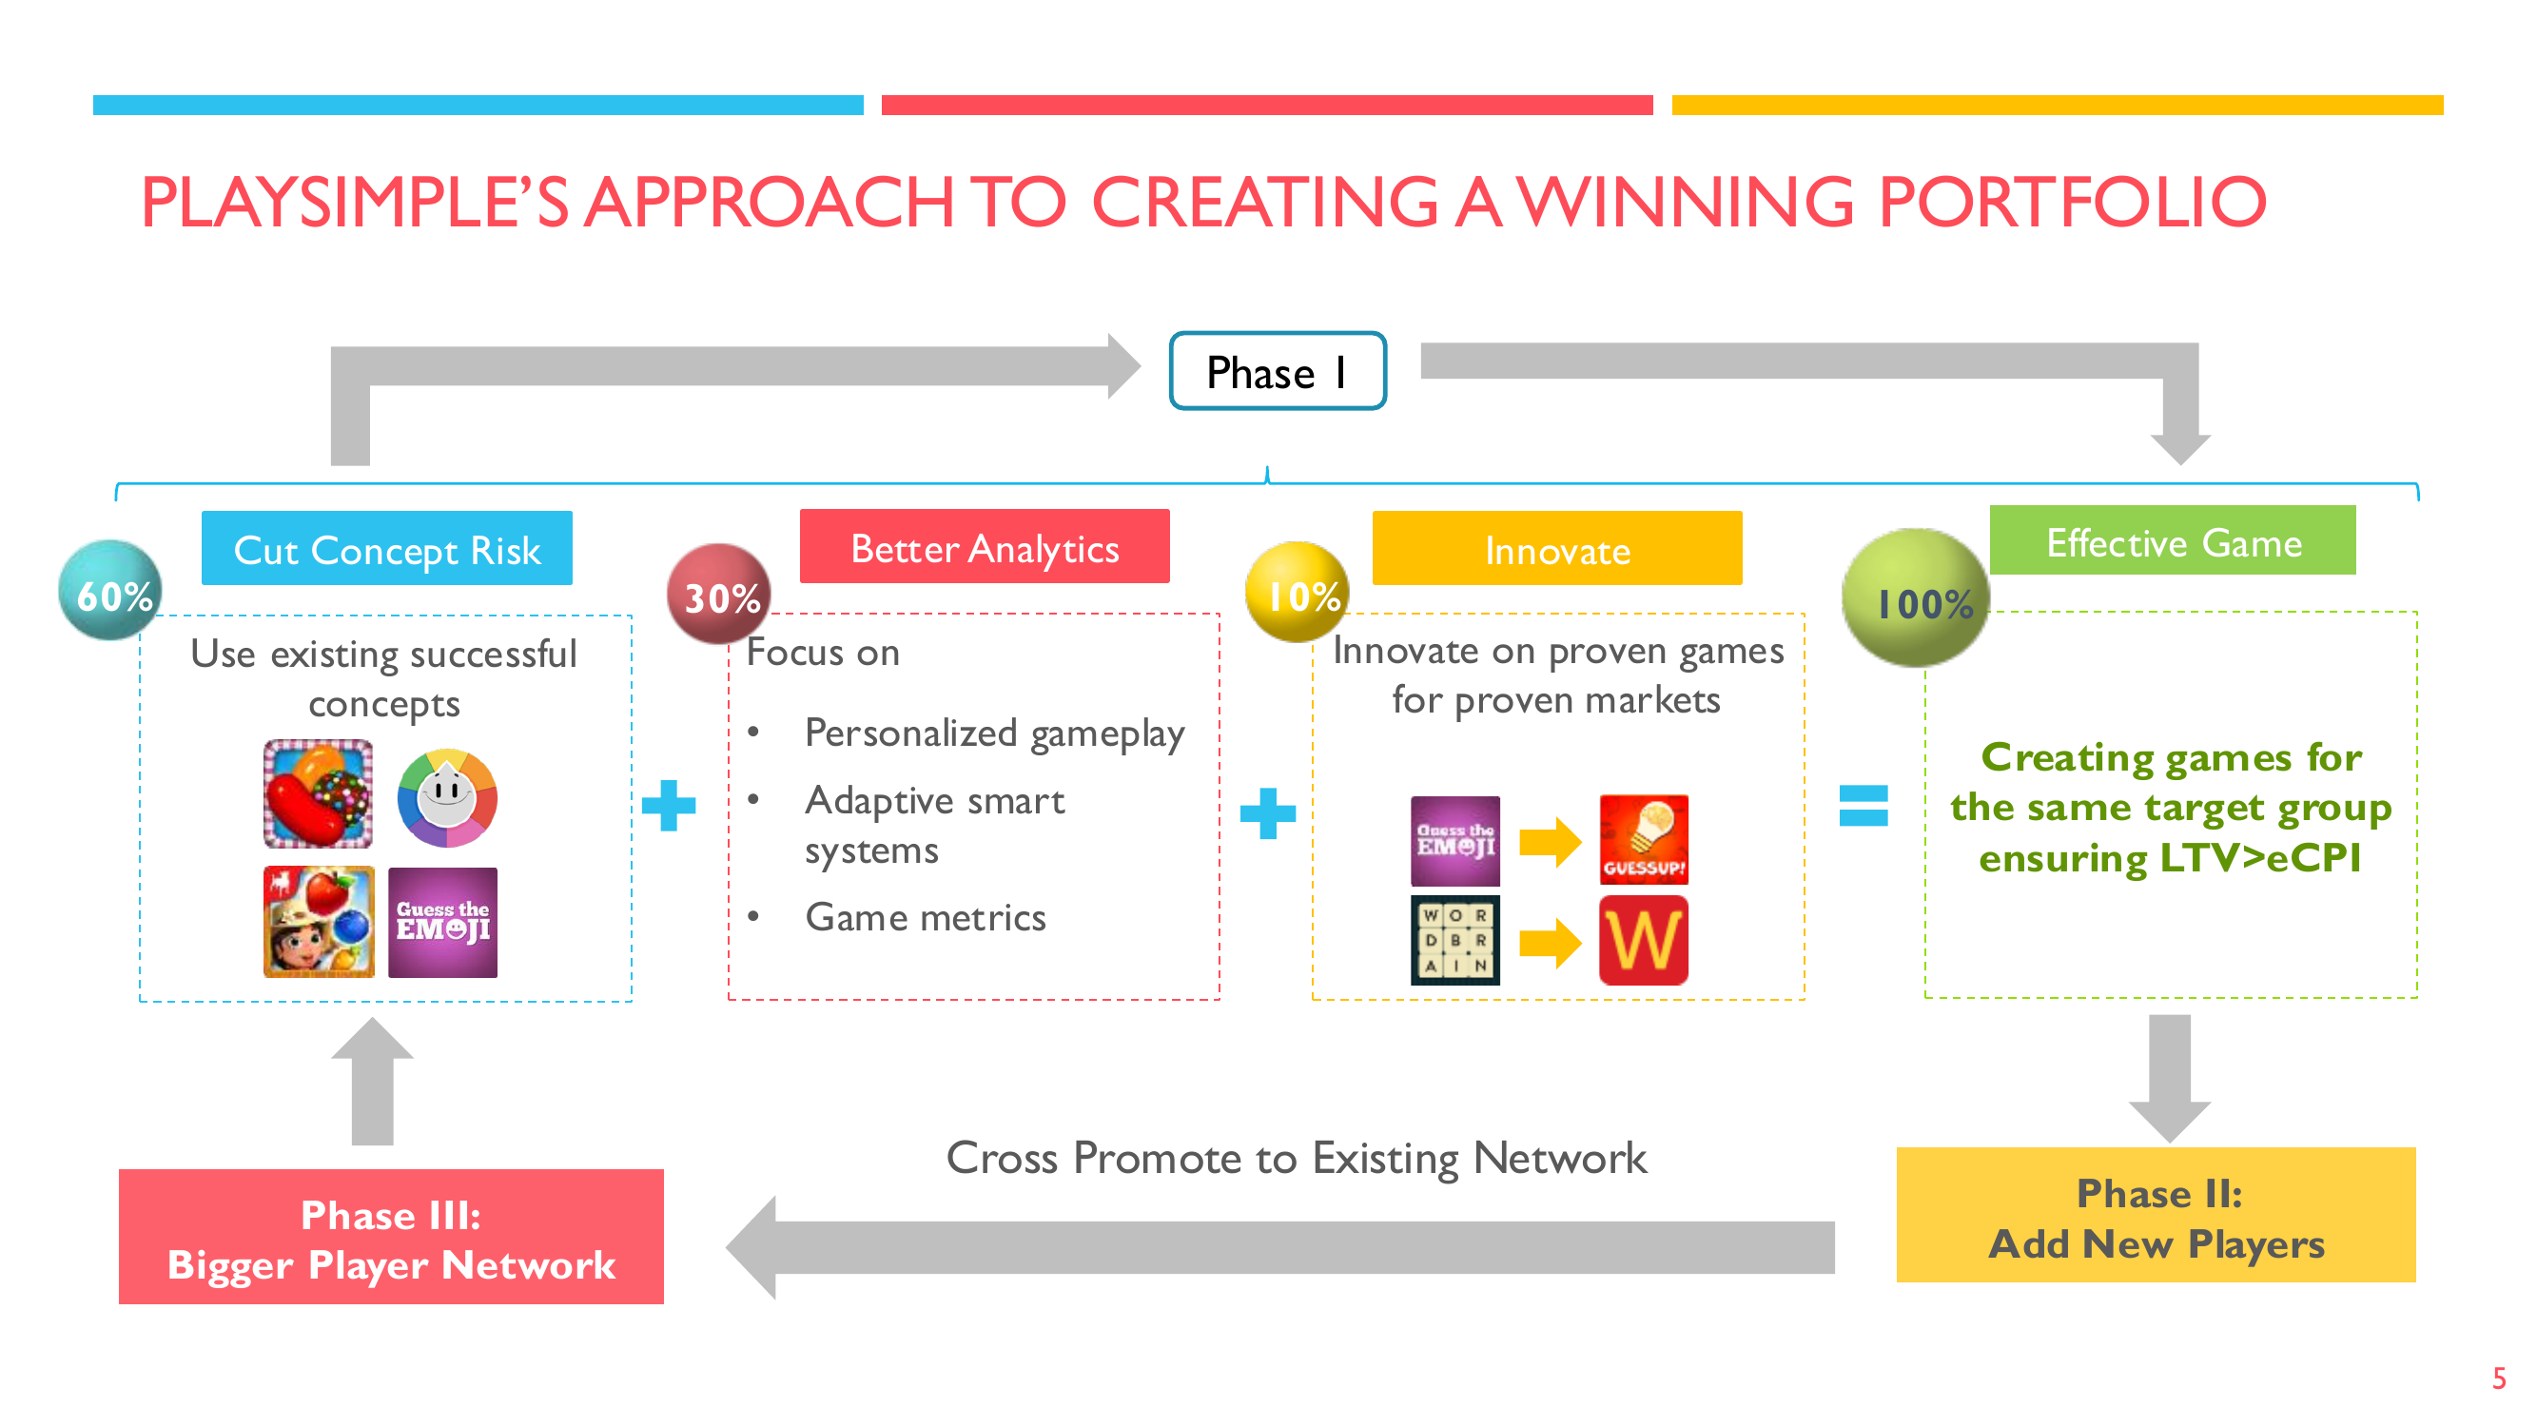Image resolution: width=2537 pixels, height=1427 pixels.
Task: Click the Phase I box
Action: coord(1278,371)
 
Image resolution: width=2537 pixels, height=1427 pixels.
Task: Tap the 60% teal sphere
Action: coord(111,590)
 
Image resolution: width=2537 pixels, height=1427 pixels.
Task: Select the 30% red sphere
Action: coord(720,594)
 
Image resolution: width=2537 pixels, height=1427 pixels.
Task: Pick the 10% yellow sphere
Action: coord(1298,592)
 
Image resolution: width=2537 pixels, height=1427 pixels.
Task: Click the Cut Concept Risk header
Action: coord(387,549)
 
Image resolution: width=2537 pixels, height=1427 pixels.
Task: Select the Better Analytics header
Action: coord(985,547)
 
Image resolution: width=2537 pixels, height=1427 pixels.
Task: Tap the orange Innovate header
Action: coord(1557,549)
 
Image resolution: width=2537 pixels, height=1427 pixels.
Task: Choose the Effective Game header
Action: coord(2173,540)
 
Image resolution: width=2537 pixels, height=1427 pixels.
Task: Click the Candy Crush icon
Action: coord(318,794)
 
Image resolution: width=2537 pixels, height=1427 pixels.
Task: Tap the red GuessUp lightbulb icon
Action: coord(1644,840)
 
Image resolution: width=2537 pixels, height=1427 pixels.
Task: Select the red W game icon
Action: coord(1644,941)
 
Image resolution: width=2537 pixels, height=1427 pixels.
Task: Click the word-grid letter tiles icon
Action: coord(1455,941)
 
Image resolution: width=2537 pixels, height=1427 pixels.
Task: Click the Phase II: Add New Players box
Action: coord(2156,1214)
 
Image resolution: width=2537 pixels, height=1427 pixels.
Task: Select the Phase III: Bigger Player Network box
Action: coord(391,1237)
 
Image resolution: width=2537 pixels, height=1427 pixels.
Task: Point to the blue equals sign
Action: coord(1864,806)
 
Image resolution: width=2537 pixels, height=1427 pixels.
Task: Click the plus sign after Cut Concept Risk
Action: coord(669,806)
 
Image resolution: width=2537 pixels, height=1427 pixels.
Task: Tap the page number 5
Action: coord(2499,1378)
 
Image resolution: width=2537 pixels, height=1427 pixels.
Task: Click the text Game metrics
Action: coord(926,917)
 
